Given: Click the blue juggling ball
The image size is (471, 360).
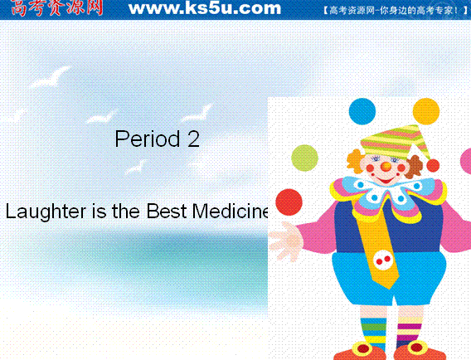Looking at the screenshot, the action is pyautogui.click(x=362, y=111).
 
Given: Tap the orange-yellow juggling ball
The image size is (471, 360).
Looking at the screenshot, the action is pyautogui.click(x=426, y=111).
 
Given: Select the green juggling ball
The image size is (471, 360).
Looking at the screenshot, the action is pyautogui.click(x=304, y=158).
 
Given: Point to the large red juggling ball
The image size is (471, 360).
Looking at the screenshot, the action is pyautogui.click(x=289, y=202).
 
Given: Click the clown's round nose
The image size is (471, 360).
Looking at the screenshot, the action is pyautogui.click(x=386, y=167).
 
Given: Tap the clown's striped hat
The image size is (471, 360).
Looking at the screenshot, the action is pyautogui.click(x=394, y=142).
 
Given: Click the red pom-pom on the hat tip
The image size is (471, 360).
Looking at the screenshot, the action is pyautogui.click(x=433, y=165).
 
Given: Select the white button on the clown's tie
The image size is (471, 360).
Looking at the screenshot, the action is pyautogui.click(x=383, y=260).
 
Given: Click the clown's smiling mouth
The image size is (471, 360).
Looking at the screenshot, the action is pyautogui.click(x=385, y=181).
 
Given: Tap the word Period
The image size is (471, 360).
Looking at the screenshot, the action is pyautogui.click(x=148, y=139).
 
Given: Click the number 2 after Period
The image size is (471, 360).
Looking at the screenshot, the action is pyautogui.click(x=194, y=139).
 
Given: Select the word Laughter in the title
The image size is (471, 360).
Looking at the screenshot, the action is pyautogui.click(x=46, y=212).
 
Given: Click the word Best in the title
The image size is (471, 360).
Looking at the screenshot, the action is pyautogui.click(x=167, y=211).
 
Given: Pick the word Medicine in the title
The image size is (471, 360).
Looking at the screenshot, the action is pyautogui.click(x=230, y=211).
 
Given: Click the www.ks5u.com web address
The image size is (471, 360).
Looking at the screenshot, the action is pyautogui.click(x=205, y=8).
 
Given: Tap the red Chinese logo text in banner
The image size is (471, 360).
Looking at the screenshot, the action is pyautogui.click(x=56, y=7).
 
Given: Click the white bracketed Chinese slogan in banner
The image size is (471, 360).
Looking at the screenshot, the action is pyautogui.click(x=396, y=11).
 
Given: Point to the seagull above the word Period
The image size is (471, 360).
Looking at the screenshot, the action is pyautogui.click(x=101, y=117).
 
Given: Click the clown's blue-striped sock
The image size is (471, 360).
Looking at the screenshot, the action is pyautogui.click(x=373, y=333).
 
